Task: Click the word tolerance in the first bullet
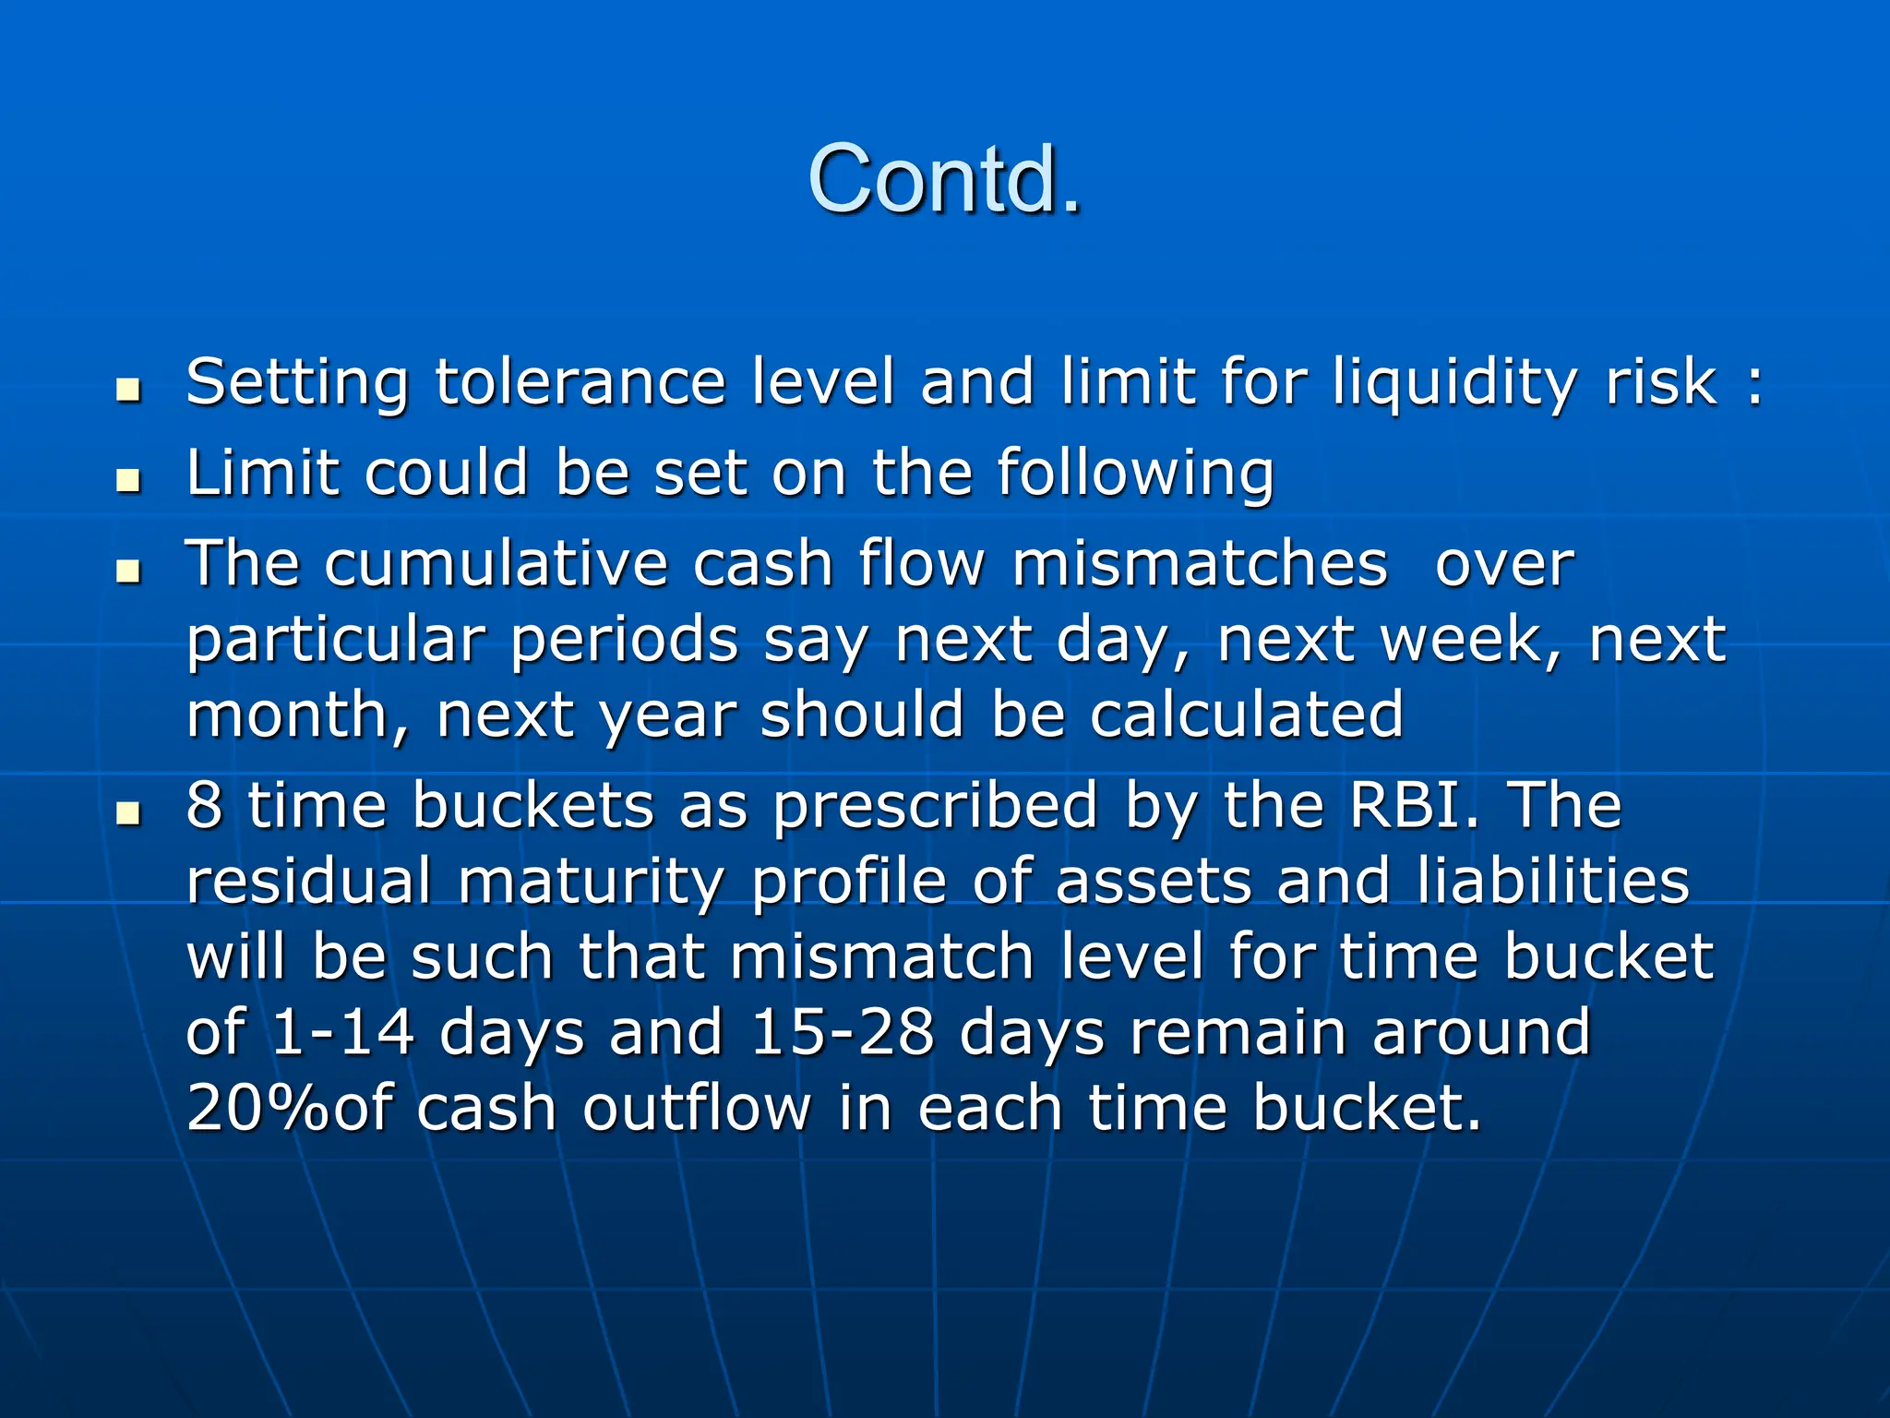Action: [580, 381]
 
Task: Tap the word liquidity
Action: [1454, 383]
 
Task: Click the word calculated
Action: [1246, 715]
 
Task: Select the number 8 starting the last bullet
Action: [204, 805]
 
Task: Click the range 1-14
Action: [342, 1032]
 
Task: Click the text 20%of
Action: [289, 1108]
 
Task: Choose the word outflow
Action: [696, 1108]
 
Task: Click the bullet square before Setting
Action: [128, 391]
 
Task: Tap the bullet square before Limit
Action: [128, 481]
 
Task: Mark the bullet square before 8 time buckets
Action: [128, 813]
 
